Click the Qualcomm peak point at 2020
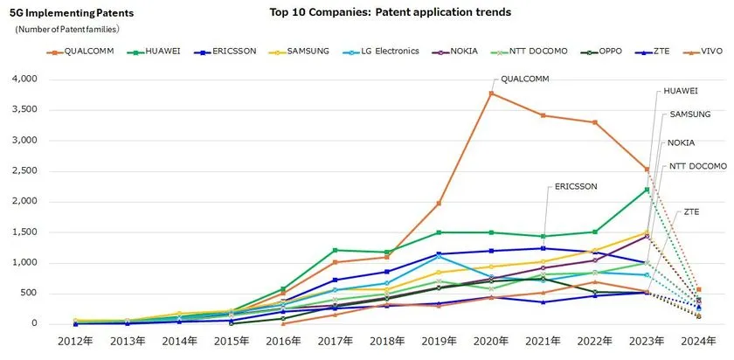point(491,93)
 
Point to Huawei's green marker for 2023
point(647,190)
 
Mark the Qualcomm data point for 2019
point(439,204)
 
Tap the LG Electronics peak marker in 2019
point(439,256)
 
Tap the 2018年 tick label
point(386,342)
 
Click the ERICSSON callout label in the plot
point(576,186)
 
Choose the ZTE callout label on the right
point(692,212)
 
